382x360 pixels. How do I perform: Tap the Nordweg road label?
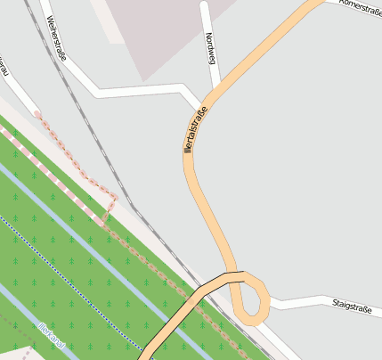(x=210, y=47)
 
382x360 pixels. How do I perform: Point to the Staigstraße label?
(x=351, y=307)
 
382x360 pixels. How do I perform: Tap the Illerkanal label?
(x=52, y=334)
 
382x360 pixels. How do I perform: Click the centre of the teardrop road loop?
(x=253, y=298)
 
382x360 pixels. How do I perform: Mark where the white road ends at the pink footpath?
(x=36, y=112)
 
